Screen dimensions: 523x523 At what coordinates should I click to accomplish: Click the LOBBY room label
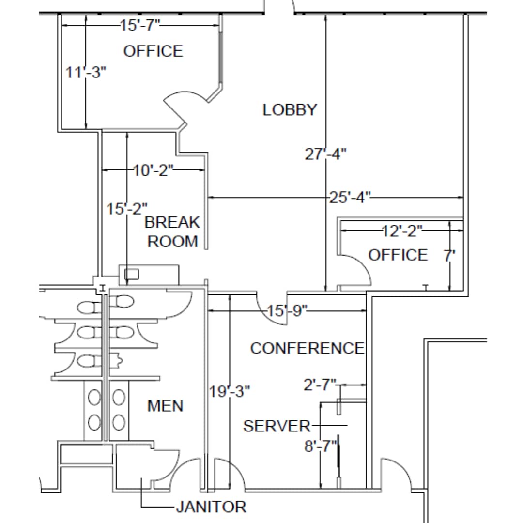pos(290,110)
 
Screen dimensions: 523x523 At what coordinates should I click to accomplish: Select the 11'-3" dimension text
pos(86,73)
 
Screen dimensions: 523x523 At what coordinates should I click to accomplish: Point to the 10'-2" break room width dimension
pos(153,170)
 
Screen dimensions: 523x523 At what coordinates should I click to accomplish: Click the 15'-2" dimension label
pos(127,209)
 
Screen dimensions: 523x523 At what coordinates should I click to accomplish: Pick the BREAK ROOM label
pos(172,232)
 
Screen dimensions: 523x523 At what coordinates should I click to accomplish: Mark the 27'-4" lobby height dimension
pos(325,154)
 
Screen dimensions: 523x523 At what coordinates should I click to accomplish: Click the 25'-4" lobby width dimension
pos(350,197)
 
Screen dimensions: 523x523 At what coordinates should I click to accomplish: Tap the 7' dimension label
pos(450,255)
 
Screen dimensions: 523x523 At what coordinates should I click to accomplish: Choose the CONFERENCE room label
pos(307,348)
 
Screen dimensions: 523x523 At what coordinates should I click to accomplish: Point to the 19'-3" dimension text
pos(230,391)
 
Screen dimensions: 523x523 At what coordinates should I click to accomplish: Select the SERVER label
pos(277,426)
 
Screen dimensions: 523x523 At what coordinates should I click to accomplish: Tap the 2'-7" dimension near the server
pos(319,385)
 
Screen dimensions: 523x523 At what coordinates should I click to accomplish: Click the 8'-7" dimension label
pos(320,446)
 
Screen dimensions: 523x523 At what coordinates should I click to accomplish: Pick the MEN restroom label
pos(165,406)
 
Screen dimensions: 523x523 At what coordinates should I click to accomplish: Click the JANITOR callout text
pos(211,507)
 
